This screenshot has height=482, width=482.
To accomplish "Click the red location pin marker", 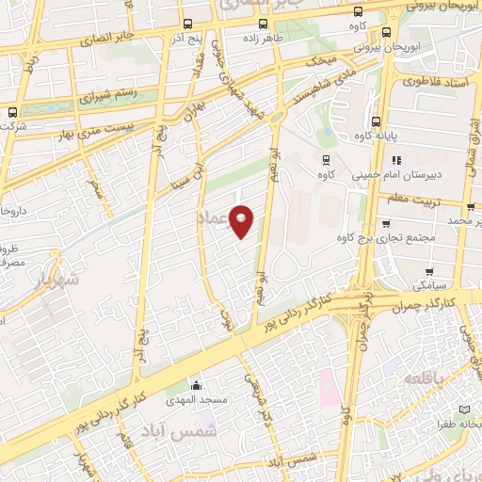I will point(243,221).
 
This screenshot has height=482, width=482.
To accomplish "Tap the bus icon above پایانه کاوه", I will point(376,122).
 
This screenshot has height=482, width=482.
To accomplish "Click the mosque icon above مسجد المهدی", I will point(196,385).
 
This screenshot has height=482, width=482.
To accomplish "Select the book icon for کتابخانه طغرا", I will point(463,410).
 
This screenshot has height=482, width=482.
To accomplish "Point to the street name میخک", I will point(326,59).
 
